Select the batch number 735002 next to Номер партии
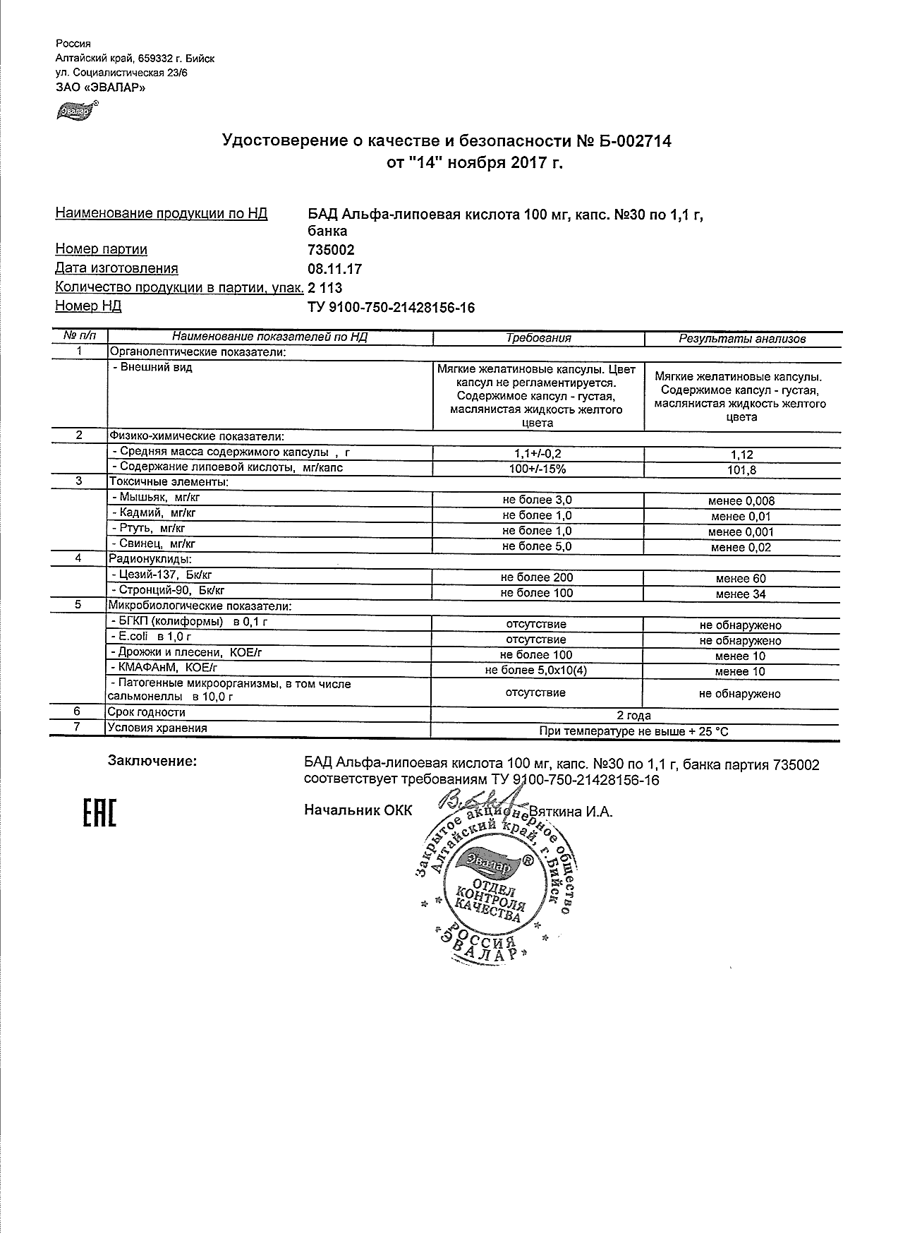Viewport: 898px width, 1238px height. coord(330,250)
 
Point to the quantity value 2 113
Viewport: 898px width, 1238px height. coord(324,288)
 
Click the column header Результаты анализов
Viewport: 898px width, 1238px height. coord(741,339)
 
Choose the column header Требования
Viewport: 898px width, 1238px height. coord(538,338)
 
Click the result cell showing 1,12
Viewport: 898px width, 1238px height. coord(741,455)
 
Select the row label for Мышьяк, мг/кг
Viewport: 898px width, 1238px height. coord(152,498)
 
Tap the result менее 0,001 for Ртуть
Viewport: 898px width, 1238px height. coord(741,532)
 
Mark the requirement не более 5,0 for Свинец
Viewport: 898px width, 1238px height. coord(537,546)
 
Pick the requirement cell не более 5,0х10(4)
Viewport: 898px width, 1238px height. coord(537,671)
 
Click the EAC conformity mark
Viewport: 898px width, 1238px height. coord(99,813)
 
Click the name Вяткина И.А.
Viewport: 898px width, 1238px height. coord(571,812)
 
